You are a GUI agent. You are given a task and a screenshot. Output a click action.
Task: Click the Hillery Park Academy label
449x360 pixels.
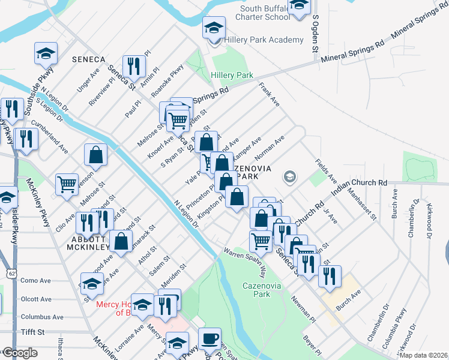[x=264, y=40]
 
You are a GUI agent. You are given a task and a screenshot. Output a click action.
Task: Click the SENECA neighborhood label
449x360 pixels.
[x=88, y=59]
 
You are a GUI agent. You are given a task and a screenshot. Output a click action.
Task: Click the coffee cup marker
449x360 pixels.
[x=209, y=338]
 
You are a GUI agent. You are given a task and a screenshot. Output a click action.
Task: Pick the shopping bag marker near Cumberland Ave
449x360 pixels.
[x=95, y=155]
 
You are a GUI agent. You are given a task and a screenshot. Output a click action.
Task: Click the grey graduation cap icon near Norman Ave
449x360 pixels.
[x=290, y=176]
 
